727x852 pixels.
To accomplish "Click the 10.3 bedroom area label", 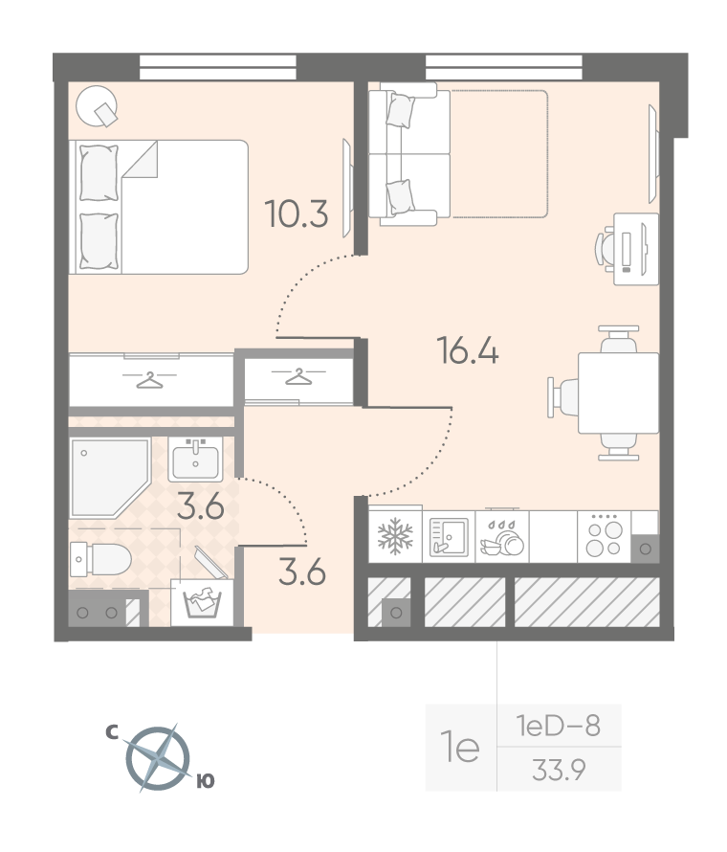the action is (297, 214).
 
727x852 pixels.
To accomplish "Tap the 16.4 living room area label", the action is (468, 350).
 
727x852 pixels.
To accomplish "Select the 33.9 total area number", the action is (559, 770).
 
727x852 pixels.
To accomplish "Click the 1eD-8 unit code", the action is (558, 726).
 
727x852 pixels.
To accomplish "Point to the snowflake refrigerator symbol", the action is (395, 536).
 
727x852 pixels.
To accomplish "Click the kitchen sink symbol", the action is (449, 537).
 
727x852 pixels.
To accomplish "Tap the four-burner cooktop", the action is (605, 537).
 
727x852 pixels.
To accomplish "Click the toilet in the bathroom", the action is (100, 558).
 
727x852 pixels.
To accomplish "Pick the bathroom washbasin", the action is (195, 460).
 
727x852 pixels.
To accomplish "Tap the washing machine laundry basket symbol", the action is (202, 602).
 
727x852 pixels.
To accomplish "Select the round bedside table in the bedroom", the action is (98, 106).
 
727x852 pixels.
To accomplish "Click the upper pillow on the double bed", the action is (99, 172).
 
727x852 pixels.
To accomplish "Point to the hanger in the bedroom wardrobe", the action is (149, 380).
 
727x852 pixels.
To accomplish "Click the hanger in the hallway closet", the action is (298, 376).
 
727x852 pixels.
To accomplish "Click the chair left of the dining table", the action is (562, 397).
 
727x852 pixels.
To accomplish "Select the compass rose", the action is (158, 758).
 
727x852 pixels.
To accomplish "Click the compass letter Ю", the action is (206, 781).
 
